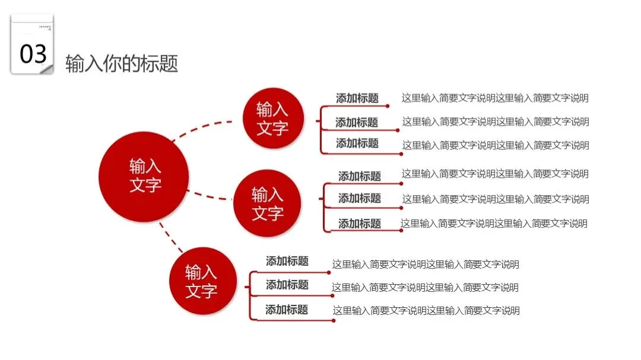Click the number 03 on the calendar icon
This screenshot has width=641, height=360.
tap(33, 53)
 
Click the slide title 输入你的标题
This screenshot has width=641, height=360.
tap(122, 63)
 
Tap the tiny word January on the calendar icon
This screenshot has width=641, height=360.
tap(45, 27)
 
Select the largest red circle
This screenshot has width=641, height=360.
tap(144, 176)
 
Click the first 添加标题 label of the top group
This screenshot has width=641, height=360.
tap(357, 98)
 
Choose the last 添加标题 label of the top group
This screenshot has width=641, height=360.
tap(357, 143)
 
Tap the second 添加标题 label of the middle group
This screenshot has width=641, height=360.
tap(360, 198)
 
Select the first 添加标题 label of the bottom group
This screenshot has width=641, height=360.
tap(287, 261)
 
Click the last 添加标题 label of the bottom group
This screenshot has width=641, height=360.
tap(287, 309)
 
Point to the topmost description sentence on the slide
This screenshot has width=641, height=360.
tap(495, 98)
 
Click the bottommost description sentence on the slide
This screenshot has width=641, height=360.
tap(426, 310)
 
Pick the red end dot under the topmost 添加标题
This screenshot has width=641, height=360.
tap(388, 107)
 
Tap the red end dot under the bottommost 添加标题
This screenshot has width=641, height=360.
tap(334, 320)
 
